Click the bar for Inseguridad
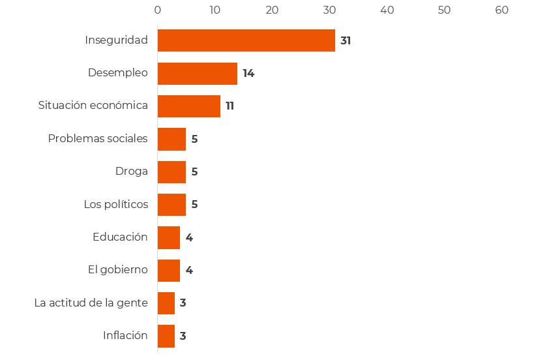click(246, 40)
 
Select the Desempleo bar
click(197, 73)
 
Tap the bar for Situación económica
click(188, 106)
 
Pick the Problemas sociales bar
click(171, 139)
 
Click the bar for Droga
click(171, 172)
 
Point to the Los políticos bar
click(171, 204)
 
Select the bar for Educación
click(168, 237)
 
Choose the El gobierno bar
click(168, 270)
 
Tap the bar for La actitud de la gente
click(166, 303)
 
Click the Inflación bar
click(166, 336)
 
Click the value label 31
click(346, 40)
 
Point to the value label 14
click(248, 73)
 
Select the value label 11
click(230, 106)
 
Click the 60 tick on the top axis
click(501, 10)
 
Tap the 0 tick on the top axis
click(158, 10)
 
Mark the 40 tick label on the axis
click(387, 10)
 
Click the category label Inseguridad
click(116, 40)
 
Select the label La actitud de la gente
click(91, 303)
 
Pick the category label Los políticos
click(115, 204)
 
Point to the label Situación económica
click(93, 106)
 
